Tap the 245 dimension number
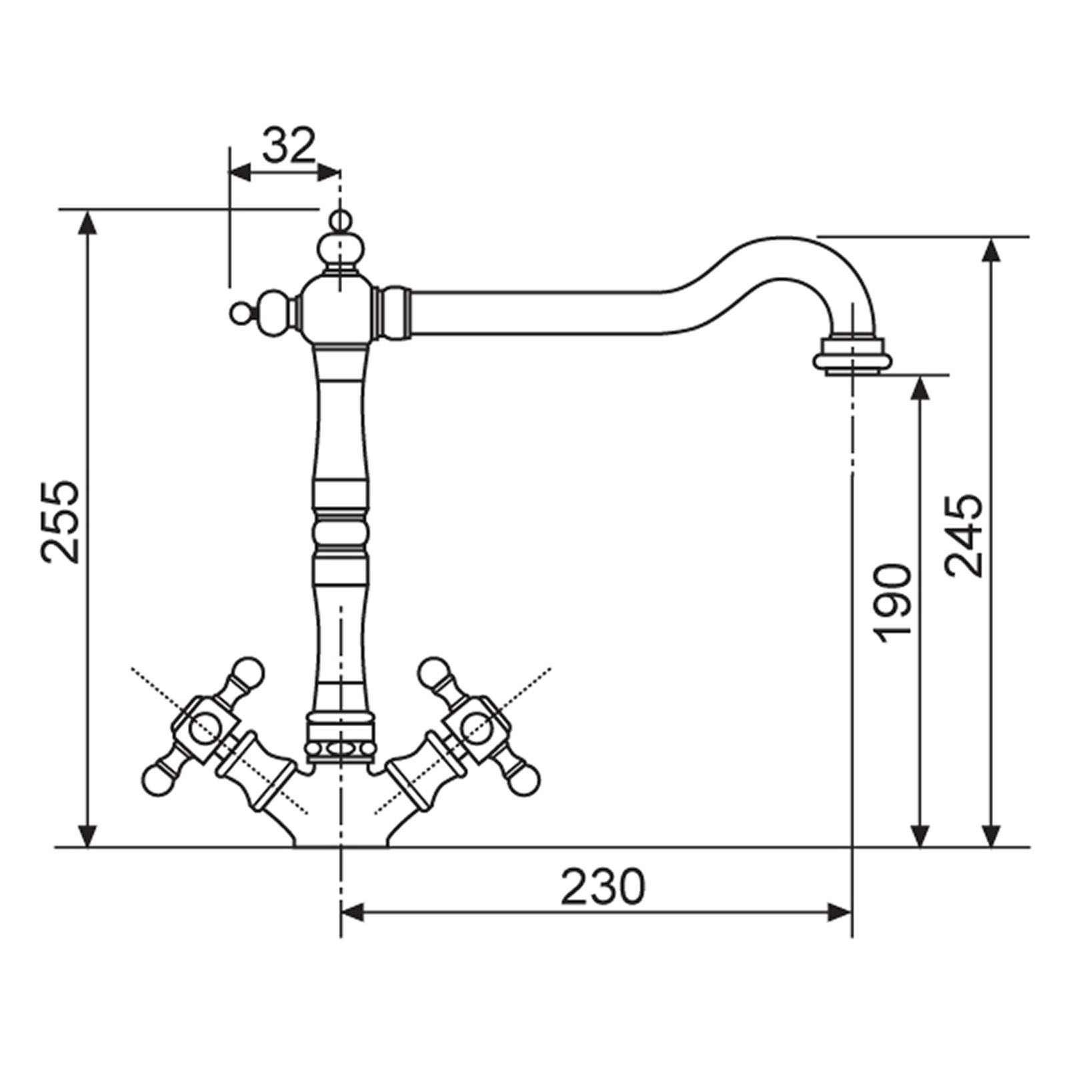tap(964, 536)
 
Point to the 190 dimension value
tap(893, 604)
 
